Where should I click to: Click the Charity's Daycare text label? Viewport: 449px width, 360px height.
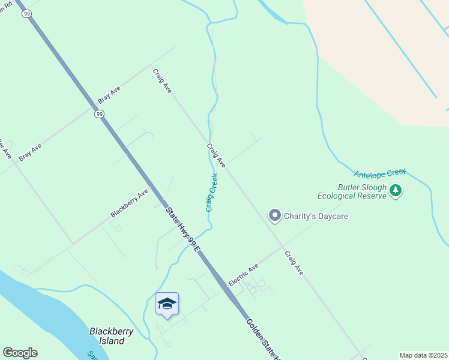[x=316, y=216]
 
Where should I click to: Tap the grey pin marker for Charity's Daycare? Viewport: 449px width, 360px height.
[x=275, y=215]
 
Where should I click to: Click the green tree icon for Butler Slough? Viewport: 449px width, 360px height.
[x=395, y=191]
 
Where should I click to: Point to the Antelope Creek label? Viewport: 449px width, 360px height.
[x=380, y=173]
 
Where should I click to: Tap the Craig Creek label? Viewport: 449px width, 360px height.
[x=211, y=193]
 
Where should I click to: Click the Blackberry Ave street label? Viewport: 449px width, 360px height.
[x=129, y=203]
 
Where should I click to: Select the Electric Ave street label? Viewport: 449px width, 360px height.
[x=243, y=274]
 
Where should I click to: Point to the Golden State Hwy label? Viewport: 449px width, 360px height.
[x=264, y=339]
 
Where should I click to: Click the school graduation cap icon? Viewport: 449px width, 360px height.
[x=167, y=304]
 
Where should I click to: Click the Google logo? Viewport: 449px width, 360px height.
[x=20, y=353]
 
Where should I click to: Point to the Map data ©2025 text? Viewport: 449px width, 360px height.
[x=423, y=355]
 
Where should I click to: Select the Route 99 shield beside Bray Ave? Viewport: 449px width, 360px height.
[x=100, y=113]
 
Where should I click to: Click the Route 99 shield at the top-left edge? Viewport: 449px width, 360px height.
[x=27, y=14]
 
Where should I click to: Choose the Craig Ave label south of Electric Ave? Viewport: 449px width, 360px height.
[x=294, y=263]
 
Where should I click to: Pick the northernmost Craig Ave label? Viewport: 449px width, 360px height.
[x=162, y=80]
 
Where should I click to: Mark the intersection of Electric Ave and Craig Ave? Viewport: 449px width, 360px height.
[x=282, y=247]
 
